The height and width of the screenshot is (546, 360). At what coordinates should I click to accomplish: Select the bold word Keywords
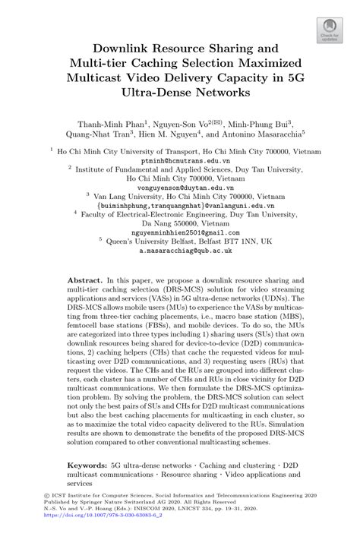pyautogui.click(x=89, y=462)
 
